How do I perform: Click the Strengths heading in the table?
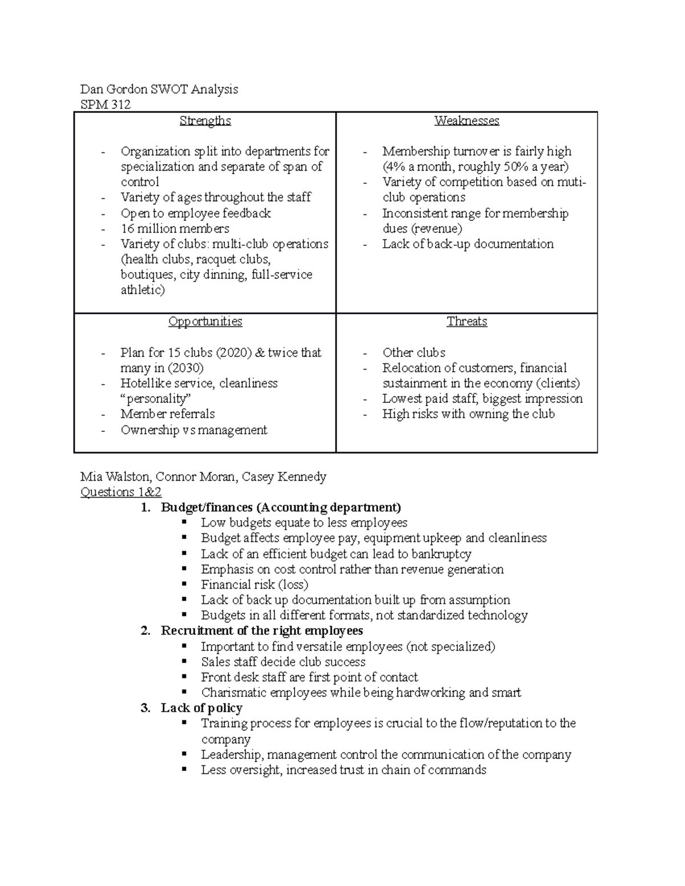coord(205,121)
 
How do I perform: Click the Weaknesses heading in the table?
coord(466,121)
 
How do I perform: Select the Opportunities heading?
coord(205,322)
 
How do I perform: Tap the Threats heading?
coord(466,322)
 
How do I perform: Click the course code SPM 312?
coord(106,104)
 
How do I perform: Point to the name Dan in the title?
coord(91,89)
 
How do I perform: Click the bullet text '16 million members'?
coord(175,229)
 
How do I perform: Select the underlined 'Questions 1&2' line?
coord(121,492)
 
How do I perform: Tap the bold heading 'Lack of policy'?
coord(202,708)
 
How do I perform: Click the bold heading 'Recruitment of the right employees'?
coord(261,631)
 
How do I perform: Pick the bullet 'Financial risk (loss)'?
coord(254,585)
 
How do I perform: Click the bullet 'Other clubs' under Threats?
coord(414,353)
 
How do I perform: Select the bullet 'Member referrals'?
coord(167,414)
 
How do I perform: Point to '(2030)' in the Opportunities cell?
coord(184,368)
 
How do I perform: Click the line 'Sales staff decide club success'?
coord(283,662)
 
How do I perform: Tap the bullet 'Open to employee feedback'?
coord(195,213)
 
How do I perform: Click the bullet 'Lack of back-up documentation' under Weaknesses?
coord(468,244)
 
